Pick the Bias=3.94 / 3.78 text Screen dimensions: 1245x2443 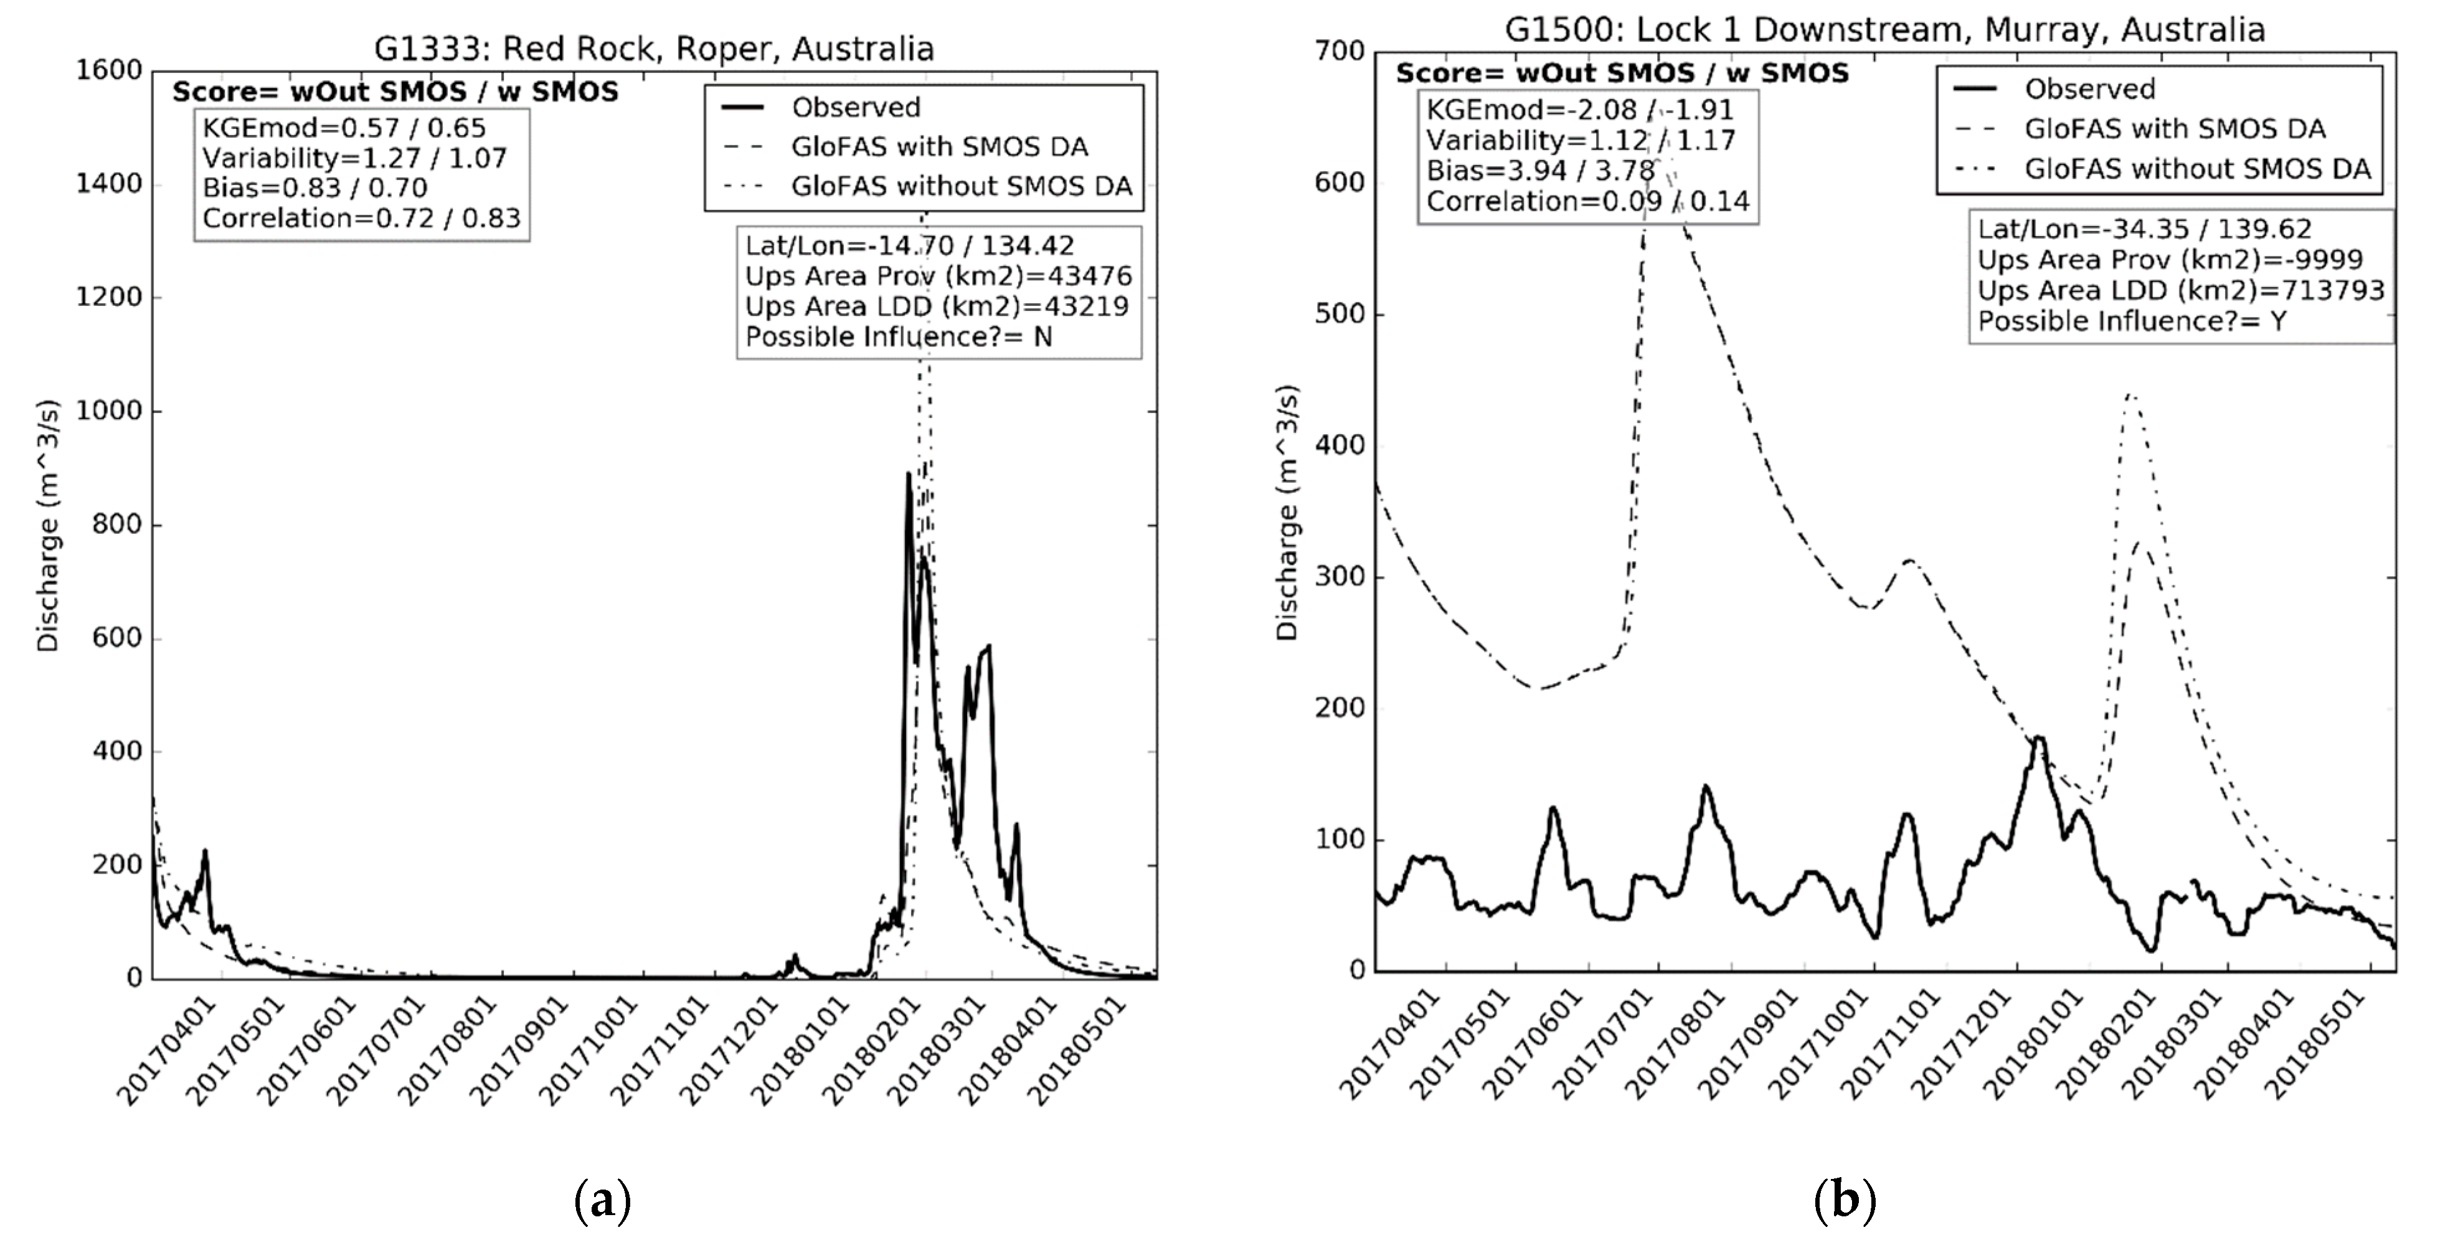click(x=1540, y=171)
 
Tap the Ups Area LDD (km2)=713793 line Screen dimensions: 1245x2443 click(x=2180, y=290)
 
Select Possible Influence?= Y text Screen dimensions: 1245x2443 click(x=2132, y=321)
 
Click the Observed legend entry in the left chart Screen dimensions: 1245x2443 click(x=856, y=107)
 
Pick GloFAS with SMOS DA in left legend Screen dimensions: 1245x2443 click(x=940, y=147)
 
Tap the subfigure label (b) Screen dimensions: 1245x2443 click(x=1844, y=1201)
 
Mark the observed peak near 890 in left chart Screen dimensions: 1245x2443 click(x=907, y=474)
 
